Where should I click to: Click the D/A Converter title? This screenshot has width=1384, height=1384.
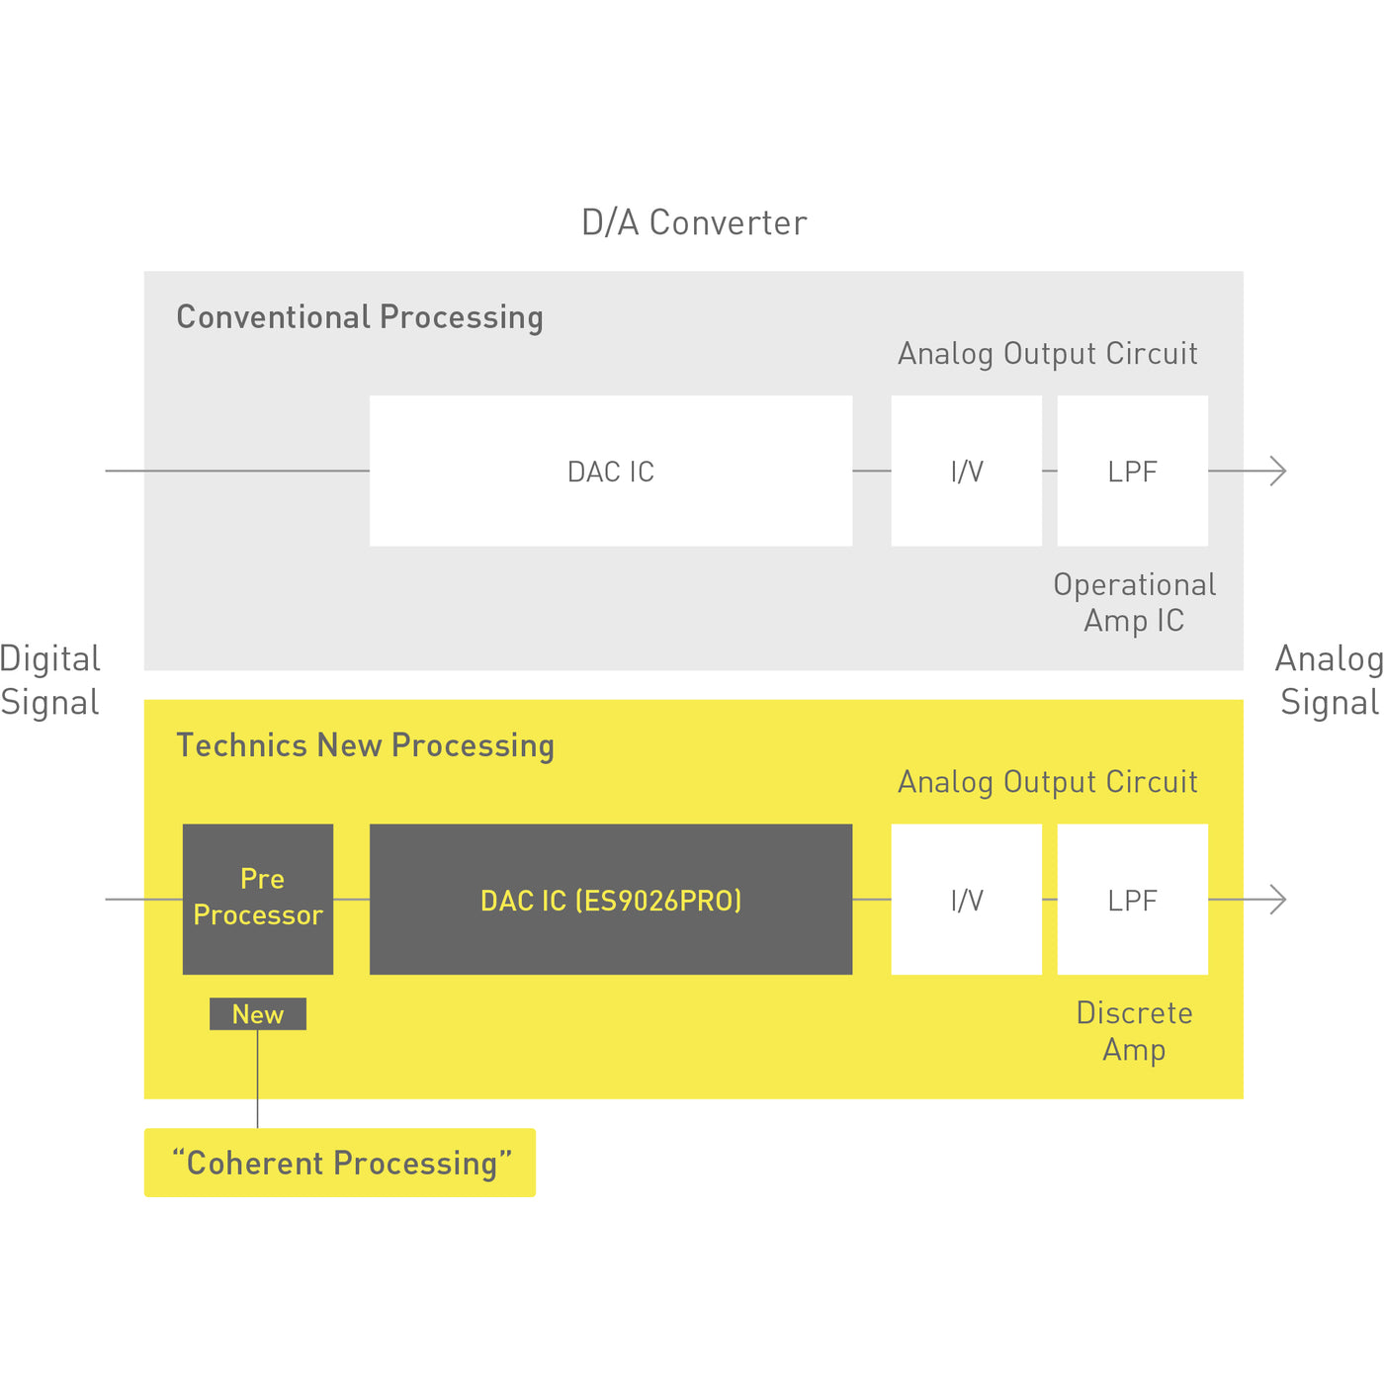(694, 223)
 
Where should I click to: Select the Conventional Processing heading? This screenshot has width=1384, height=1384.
(360, 317)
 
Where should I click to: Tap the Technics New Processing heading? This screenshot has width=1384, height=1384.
(365, 745)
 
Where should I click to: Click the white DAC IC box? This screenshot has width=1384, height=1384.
(611, 472)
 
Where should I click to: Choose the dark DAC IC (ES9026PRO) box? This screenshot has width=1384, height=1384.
(611, 900)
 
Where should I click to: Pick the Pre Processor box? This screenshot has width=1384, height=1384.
(258, 899)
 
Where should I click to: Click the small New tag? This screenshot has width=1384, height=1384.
(258, 1014)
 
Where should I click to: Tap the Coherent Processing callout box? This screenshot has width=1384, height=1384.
(340, 1163)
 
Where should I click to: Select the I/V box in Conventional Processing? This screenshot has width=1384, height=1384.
(967, 472)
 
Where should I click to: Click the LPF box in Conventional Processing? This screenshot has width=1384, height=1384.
(1133, 472)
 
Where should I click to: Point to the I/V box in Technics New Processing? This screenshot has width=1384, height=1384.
(967, 900)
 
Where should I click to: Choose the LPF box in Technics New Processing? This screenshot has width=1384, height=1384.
(1133, 900)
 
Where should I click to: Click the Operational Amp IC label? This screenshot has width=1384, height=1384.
(1134, 602)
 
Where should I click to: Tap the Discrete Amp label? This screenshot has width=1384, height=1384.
(1134, 1031)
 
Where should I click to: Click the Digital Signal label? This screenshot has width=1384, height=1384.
(50, 680)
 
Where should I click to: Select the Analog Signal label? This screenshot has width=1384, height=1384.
(1329, 680)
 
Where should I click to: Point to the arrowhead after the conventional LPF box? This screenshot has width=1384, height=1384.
(1279, 472)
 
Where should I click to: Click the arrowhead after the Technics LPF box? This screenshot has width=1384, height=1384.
(1279, 900)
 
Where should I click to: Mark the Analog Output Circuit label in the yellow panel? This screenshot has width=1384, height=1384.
(1048, 782)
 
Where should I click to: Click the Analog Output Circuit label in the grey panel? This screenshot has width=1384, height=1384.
(1048, 354)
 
